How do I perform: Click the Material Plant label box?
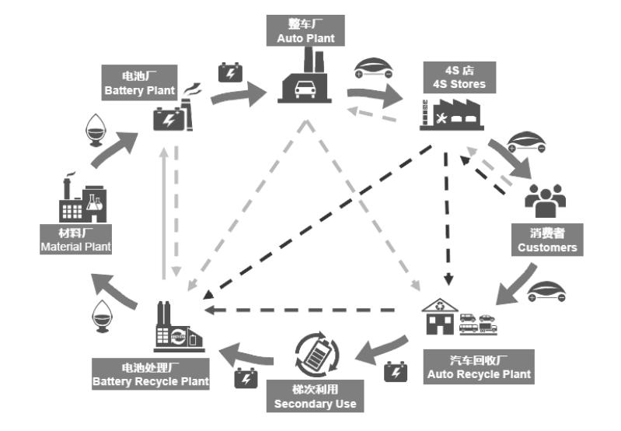click(x=75, y=240)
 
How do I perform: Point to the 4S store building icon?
click(x=451, y=113)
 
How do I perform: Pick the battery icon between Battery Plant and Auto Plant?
click(x=230, y=72)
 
